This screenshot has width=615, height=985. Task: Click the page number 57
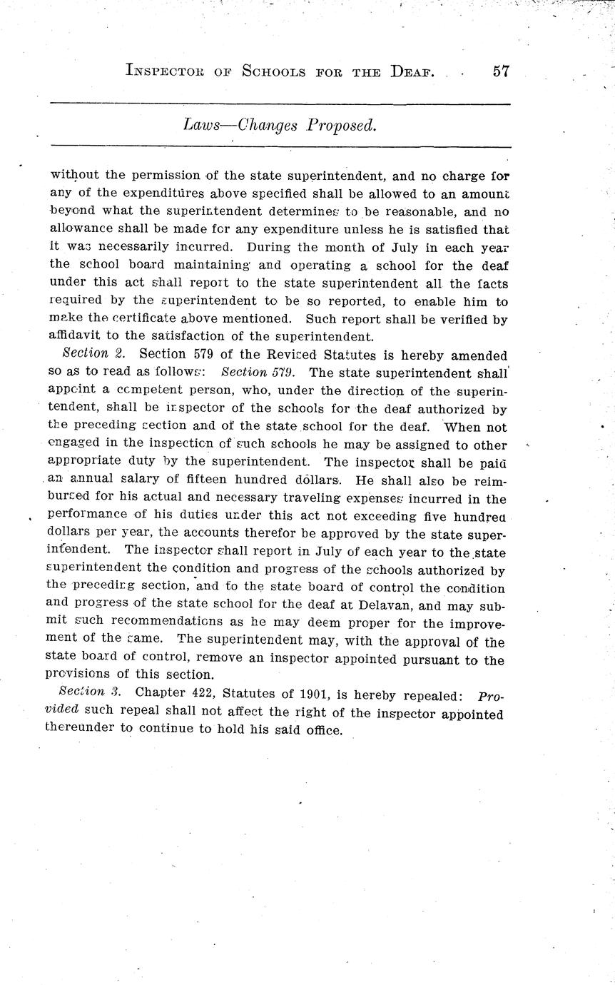[x=500, y=72]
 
